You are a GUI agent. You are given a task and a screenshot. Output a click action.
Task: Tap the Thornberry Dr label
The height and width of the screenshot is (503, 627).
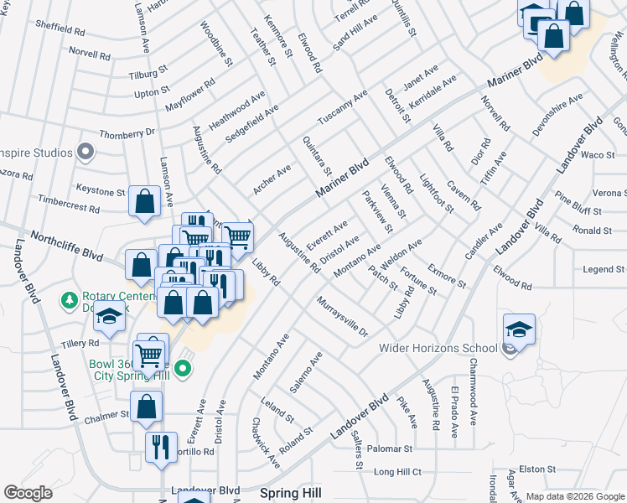[x=127, y=132]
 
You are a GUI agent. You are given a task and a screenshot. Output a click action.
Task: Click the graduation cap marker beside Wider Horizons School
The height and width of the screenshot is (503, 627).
[x=519, y=329]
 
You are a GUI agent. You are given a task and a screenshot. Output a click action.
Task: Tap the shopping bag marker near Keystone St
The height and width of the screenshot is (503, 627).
[x=144, y=201]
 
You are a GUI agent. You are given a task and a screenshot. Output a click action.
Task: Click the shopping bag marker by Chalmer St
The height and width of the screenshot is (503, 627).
[x=146, y=407]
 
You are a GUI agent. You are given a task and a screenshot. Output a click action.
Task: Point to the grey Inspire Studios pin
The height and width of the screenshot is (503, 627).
[x=85, y=152]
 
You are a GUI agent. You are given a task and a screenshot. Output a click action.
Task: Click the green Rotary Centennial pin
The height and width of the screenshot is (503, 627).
[x=70, y=299]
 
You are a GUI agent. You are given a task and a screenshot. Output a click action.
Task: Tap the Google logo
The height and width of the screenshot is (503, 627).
[x=28, y=493]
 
